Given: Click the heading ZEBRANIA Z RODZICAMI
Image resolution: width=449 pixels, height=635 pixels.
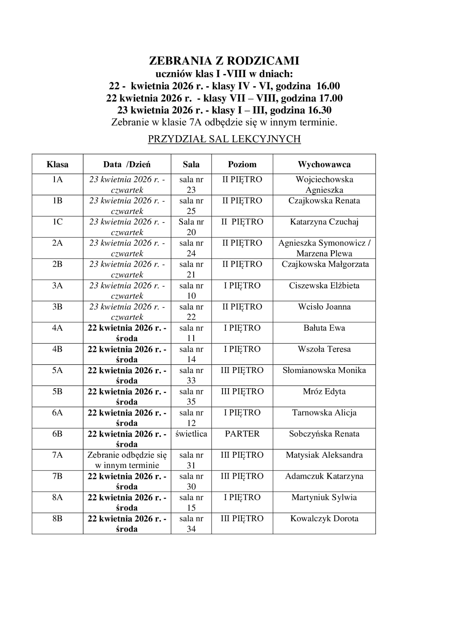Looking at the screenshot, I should (x=224, y=61).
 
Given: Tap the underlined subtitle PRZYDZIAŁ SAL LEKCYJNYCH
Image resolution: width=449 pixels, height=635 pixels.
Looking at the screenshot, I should (x=224, y=139).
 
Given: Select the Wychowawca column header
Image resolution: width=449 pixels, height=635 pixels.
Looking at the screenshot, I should (x=324, y=164).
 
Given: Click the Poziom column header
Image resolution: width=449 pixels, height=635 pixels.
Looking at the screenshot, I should (x=242, y=164).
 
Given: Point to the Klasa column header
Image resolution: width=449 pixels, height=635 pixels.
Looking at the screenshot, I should (x=57, y=164).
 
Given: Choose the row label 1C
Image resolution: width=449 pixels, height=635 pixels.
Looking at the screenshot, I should (x=57, y=222).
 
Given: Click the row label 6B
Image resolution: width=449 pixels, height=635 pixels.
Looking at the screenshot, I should (x=57, y=434).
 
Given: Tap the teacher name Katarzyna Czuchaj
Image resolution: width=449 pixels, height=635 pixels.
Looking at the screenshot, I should (x=324, y=222).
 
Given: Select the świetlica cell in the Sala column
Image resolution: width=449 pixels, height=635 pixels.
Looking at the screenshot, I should (x=191, y=434).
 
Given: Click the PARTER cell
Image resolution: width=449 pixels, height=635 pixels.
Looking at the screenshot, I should (x=242, y=434).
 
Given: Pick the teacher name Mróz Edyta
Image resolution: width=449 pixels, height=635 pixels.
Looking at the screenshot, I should (x=324, y=392).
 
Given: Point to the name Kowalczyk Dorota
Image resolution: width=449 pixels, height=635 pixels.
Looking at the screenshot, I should (x=324, y=519).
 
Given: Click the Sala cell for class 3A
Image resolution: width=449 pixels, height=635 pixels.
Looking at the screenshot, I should (x=191, y=291).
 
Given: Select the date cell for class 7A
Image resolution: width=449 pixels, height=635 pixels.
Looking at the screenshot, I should (x=127, y=460).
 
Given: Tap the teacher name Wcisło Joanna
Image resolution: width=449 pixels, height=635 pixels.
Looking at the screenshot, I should (x=324, y=307).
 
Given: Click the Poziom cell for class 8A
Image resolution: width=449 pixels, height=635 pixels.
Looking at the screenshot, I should (x=242, y=498).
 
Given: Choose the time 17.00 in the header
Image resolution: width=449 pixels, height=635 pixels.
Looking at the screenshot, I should (x=331, y=98).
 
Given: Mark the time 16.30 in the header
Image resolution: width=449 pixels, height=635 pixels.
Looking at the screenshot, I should (x=320, y=110).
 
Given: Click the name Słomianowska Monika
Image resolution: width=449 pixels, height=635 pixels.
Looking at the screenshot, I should (x=324, y=371).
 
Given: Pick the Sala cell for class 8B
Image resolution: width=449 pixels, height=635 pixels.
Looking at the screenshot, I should (x=191, y=524).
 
